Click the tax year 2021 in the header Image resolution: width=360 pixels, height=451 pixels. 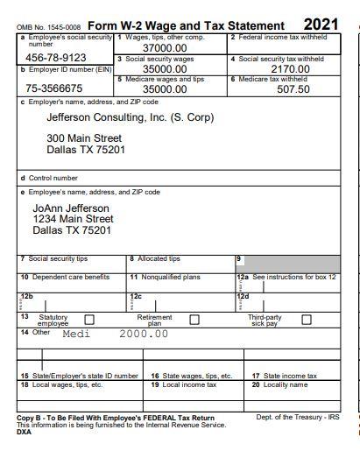[321, 25]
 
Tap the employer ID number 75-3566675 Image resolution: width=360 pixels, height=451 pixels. [54, 88]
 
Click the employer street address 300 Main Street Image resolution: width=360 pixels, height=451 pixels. [84, 138]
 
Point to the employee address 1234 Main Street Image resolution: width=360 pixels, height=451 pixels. [73, 219]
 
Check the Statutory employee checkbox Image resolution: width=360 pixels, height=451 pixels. [88, 320]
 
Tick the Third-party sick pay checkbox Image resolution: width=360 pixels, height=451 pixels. [306, 320]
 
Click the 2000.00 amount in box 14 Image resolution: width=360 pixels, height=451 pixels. [143, 334]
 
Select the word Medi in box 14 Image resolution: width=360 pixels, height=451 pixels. [76, 334]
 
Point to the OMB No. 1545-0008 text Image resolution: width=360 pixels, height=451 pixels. [48, 28]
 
